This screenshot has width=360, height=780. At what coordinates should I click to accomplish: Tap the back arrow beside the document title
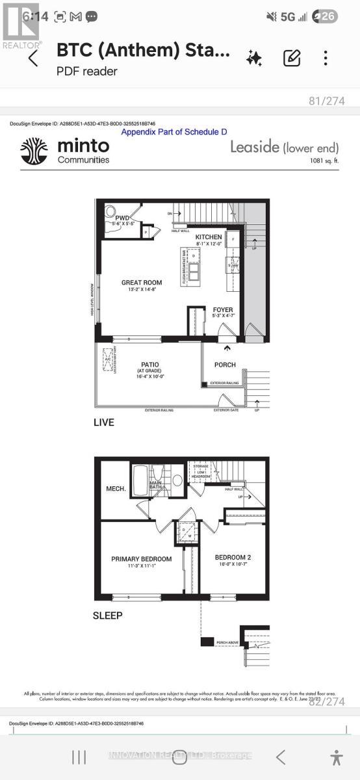(x=33, y=58)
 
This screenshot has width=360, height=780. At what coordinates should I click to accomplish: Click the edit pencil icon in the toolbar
(x=292, y=58)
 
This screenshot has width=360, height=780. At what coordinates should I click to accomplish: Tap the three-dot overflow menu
(x=326, y=58)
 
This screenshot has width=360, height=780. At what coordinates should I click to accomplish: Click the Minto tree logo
(x=34, y=151)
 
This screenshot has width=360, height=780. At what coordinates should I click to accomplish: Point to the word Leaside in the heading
(x=255, y=147)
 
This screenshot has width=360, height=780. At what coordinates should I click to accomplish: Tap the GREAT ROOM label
(x=142, y=283)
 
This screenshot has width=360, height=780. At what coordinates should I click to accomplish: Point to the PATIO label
(x=151, y=365)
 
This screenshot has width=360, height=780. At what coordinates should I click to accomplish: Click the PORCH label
(x=225, y=365)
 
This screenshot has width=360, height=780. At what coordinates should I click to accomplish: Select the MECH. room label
(x=116, y=488)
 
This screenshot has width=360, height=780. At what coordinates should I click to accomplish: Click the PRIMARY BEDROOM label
(x=141, y=559)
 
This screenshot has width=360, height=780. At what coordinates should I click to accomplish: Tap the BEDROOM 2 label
(x=233, y=557)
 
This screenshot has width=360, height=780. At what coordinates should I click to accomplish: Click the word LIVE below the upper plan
(x=103, y=422)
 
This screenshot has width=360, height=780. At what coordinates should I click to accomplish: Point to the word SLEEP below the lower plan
(x=107, y=615)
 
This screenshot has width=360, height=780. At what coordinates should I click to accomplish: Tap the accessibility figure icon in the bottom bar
(x=335, y=757)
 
